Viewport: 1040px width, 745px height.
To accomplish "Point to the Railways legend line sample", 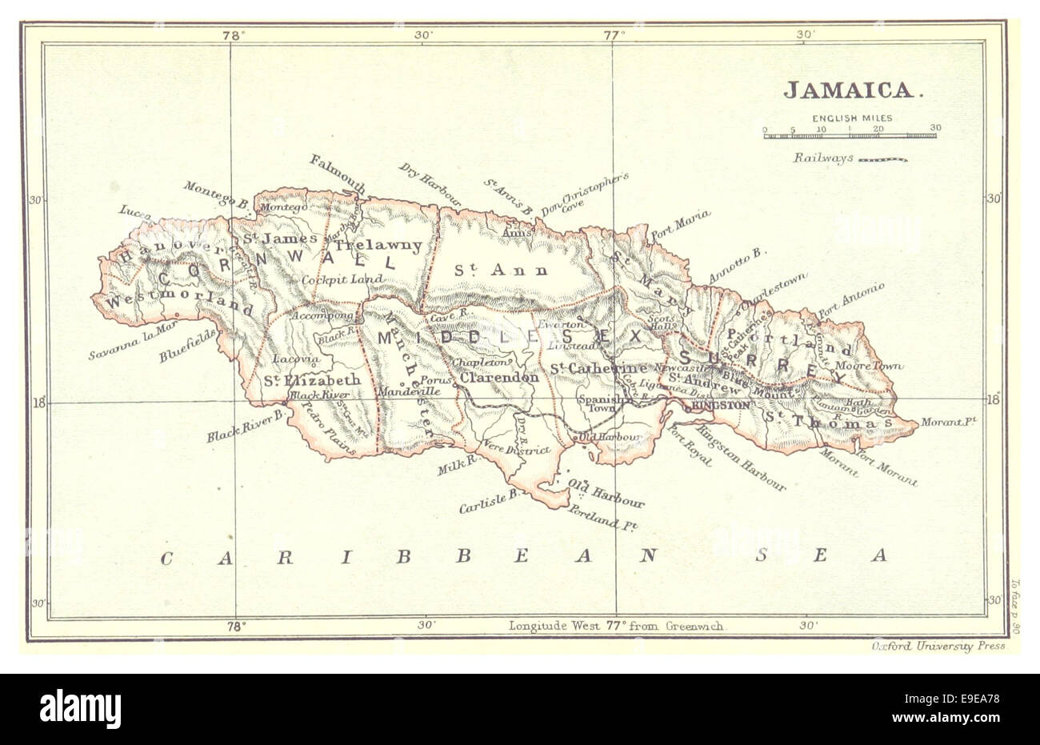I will (882, 159).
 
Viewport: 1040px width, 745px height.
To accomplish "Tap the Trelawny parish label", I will (378, 245).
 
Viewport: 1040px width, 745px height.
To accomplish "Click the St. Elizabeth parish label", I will (312, 380).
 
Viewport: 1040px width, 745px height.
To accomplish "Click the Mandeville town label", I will (407, 393).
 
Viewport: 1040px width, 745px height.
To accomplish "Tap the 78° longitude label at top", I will (232, 34).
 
